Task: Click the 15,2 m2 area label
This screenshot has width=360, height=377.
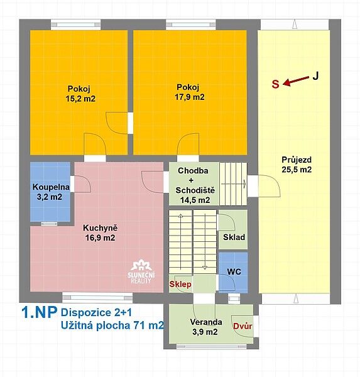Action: point(80,99)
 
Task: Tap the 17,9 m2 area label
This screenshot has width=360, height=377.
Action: point(190,97)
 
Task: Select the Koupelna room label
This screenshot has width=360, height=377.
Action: point(51,187)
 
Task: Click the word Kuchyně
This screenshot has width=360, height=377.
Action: point(101,227)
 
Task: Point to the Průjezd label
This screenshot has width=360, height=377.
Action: point(297,160)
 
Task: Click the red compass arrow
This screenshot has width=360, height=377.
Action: point(296,81)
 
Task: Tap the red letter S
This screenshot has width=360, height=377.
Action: point(276,84)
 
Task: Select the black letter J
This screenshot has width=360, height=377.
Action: point(315,76)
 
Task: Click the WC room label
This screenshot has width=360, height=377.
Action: point(234,271)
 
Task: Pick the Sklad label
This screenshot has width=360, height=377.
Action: point(234,237)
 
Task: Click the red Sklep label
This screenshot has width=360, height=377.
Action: point(180,284)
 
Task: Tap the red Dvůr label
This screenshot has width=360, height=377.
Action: point(243,326)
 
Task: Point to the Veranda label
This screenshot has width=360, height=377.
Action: point(206,322)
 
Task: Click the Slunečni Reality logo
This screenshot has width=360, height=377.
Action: point(141,271)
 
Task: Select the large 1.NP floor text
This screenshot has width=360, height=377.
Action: point(40,312)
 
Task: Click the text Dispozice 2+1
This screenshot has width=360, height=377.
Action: point(96,312)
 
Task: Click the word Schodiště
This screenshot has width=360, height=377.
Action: point(195,190)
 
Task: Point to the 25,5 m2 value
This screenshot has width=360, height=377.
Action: point(297,170)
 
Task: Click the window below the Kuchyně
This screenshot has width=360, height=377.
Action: point(97,298)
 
